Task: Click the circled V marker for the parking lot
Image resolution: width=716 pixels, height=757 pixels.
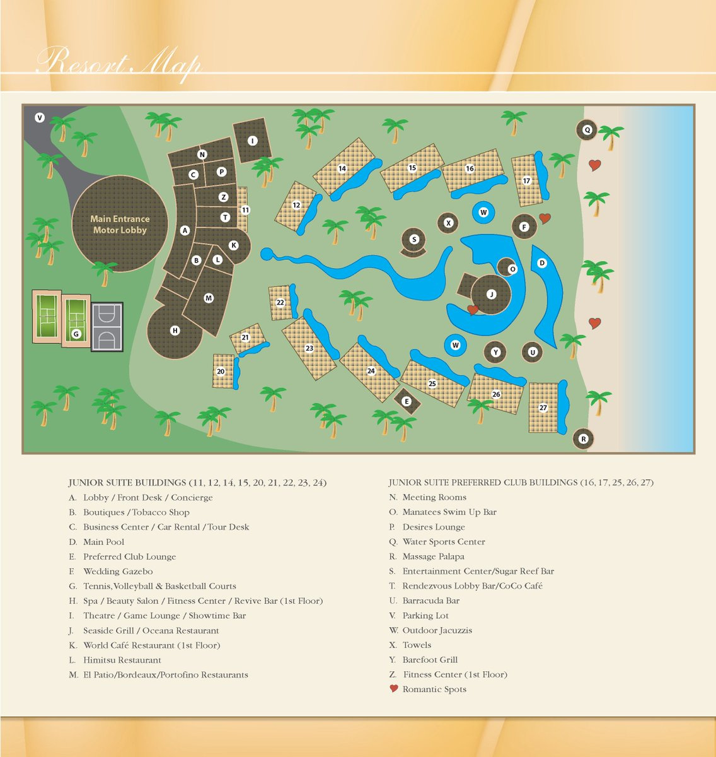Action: tap(40, 117)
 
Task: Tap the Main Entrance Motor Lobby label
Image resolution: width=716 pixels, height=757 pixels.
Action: tap(120, 225)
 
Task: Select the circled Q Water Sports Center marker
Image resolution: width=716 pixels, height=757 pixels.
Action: tap(587, 130)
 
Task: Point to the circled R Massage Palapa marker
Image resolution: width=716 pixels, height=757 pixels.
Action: tap(584, 439)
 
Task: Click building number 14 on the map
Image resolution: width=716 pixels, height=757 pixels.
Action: tap(342, 168)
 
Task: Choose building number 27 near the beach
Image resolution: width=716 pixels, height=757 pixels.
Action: tap(543, 408)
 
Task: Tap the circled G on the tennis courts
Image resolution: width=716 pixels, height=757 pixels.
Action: tap(76, 334)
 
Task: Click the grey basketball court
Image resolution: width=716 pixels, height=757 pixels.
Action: tap(107, 327)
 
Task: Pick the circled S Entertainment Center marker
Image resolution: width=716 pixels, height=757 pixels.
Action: tap(414, 239)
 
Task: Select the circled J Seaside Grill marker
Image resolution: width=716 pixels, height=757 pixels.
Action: tap(492, 295)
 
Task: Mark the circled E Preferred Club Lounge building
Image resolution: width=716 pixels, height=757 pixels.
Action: tap(407, 401)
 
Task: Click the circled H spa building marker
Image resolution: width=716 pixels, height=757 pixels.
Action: tap(175, 331)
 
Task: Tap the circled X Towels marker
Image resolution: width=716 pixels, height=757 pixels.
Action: tap(448, 223)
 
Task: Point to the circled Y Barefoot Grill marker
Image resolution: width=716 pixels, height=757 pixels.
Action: tap(496, 353)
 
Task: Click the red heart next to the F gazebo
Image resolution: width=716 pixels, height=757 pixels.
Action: tap(545, 218)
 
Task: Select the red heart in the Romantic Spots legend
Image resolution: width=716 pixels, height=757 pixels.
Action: tap(394, 688)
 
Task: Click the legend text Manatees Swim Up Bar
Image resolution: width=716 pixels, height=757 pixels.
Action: tap(449, 512)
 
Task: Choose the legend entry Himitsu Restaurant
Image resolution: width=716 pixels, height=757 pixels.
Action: tap(122, 660)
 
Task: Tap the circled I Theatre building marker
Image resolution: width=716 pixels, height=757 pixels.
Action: tap(252, 141)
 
